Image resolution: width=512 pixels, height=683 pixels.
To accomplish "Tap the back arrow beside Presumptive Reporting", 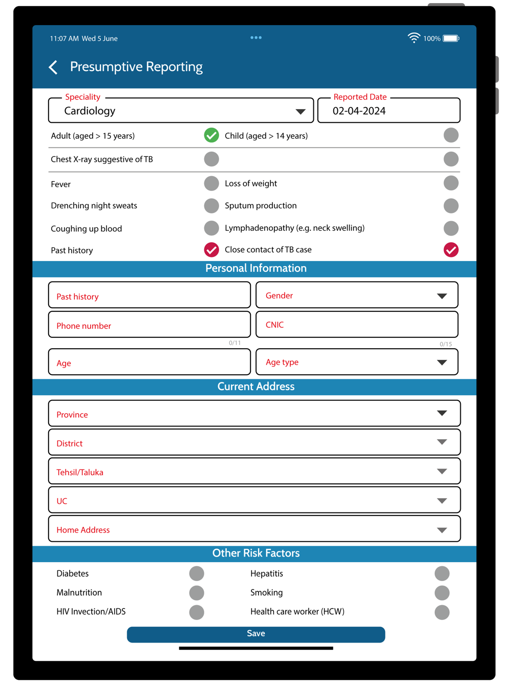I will point(53,67).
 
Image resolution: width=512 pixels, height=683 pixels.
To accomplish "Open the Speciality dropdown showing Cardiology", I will point(181,111).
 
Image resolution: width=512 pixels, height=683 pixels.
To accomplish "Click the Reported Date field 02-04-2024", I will point(389,111).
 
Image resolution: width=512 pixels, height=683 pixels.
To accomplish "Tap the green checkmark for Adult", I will point(211,135).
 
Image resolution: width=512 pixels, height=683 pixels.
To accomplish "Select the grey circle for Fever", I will point(211,183).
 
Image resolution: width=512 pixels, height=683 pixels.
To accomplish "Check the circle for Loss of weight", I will point(451,183).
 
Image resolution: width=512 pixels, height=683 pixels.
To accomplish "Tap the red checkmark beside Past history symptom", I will point(211,250).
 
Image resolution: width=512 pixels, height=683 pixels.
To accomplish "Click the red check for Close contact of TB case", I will point(451,250).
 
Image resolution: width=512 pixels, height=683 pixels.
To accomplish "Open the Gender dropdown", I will point(357,295).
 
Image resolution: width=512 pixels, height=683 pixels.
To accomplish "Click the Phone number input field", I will point(150,325).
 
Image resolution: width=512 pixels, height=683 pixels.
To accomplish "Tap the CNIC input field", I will point(357,325).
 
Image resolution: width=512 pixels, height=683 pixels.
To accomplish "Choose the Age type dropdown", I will point(357,362).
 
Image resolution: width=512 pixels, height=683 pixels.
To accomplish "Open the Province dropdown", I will point(254,414).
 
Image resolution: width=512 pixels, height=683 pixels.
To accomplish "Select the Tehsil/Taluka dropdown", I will point(254,472).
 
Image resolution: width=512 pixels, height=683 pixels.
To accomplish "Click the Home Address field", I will point(254,529).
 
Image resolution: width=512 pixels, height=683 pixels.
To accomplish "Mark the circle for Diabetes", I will point(197,573).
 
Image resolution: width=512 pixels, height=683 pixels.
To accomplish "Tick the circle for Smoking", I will point(442,593).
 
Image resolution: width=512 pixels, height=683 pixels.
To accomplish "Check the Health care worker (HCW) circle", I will point(442,612).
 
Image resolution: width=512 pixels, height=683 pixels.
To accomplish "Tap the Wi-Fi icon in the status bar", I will point(414,38).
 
